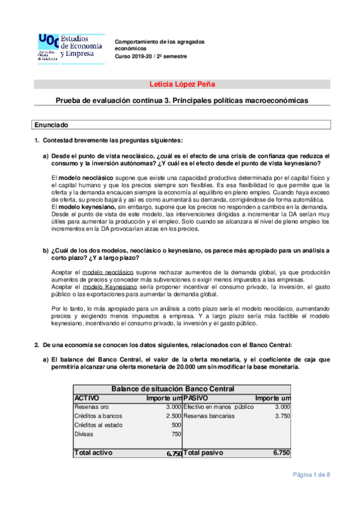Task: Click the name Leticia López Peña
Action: point(182,84)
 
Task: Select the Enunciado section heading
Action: point(51,125)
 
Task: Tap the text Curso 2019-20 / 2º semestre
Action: point(151,56)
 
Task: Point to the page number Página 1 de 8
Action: point(311,475)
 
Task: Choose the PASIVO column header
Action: point(197,398)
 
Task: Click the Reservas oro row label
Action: point(91,407)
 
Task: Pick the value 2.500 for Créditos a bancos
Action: point(173,416)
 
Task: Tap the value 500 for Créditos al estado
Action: point(176,425)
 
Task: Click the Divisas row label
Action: point(84,434)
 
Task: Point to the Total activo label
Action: point(94,452)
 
